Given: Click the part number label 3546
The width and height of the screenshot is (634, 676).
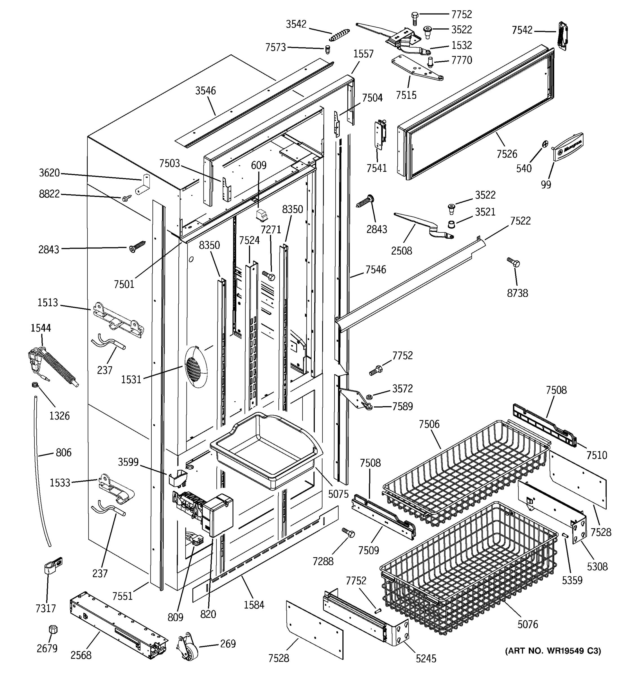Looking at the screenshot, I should coord(205,90).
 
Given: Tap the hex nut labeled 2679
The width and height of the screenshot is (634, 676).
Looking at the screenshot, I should coord(52,629).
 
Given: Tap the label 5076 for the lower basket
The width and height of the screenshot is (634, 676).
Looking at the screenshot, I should coord(527,624).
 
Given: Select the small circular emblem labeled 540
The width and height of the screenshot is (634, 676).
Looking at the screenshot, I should coord(545,144).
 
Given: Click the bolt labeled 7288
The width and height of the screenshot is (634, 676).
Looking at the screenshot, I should coord(348,532).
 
